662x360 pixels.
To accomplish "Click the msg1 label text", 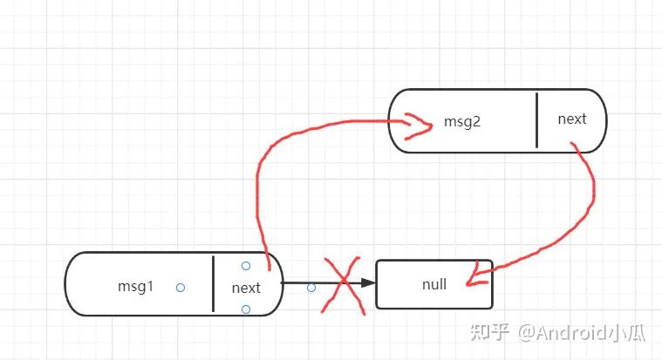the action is click(135, 285).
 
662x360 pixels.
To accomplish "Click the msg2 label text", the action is click(462, 122).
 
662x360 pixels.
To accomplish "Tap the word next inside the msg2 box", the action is click(572, 119).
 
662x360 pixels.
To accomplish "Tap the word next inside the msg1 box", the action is click(246, 288).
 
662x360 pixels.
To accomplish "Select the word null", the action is click(433, 284).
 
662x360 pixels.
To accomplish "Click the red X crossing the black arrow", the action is click(343, 284).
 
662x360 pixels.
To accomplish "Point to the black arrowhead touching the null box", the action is click(368, 283).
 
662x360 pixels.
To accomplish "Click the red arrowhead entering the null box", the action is click(472, 276).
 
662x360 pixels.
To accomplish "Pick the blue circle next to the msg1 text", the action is click(180, 287).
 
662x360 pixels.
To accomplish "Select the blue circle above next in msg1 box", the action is click(246, 266).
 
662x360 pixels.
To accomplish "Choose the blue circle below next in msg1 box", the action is click(246, 309).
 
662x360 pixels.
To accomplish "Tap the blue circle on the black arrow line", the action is click(311, 287).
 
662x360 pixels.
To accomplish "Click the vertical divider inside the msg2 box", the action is click(536, 120).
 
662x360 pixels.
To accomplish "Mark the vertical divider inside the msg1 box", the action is click(213, 284).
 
